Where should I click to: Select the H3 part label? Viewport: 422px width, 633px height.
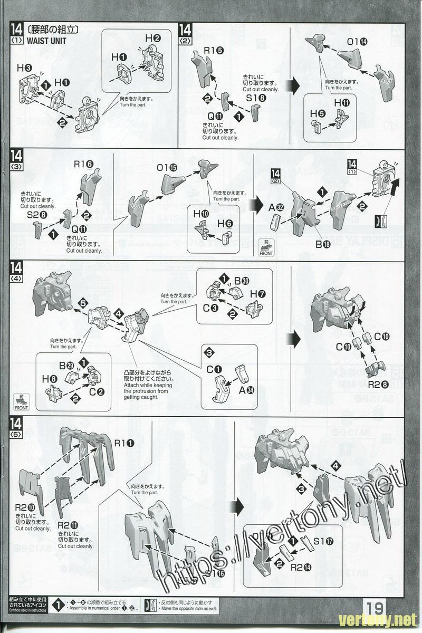tap(24, 68)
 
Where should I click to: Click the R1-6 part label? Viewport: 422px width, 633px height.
tap(84, 165)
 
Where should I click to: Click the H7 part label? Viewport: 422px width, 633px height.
tap(257, 293)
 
